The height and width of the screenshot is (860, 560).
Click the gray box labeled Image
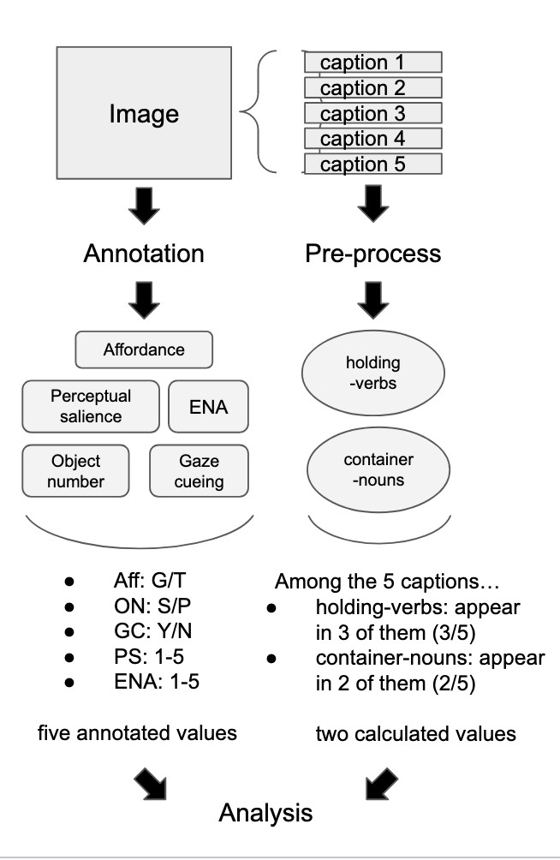pyautogui.click(x=144, y=112)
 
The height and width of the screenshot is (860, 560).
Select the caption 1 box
pyautogui.click(x=373, y=63)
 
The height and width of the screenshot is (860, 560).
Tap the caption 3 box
pyautogui.click(x=373, y=113)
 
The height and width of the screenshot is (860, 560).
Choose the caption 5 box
pyautogui.click(x=373, y=164)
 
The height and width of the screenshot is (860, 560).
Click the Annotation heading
pyautogui.click(x=144, y=254)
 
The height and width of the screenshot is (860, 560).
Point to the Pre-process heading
pyautogui.click(x=373, y=254)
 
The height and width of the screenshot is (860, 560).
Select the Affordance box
pyautogui.click(x=144, y=349)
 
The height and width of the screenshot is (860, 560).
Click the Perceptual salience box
pyautogui.click(x=91, y=406)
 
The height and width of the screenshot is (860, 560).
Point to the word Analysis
pyautogui.click(x=265, y=812)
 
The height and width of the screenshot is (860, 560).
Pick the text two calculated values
pyautogui.click(x=392, y=734)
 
